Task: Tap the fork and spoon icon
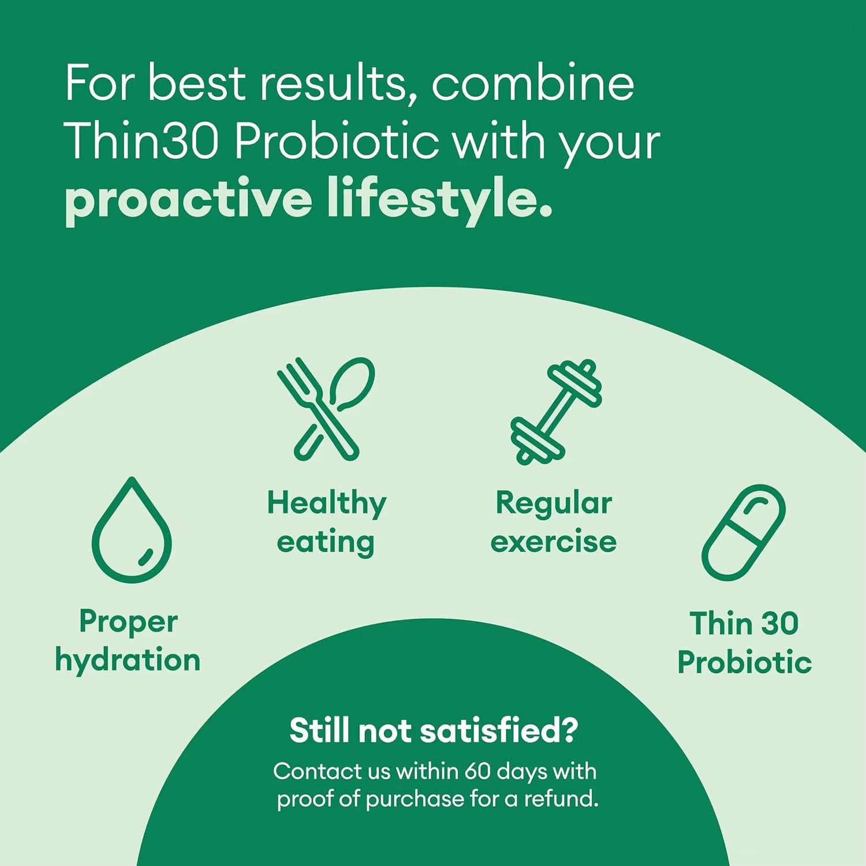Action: [326, 409]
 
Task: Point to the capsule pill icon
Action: [744, 532]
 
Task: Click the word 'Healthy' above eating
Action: [326, 503]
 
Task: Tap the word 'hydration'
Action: [128, 660]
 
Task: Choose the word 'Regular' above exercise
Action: [554, 503]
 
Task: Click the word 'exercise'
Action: [553, 542]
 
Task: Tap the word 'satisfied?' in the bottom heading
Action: [498, 730]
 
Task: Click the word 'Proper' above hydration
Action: [128, 622]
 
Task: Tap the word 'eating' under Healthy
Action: [326, 542]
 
